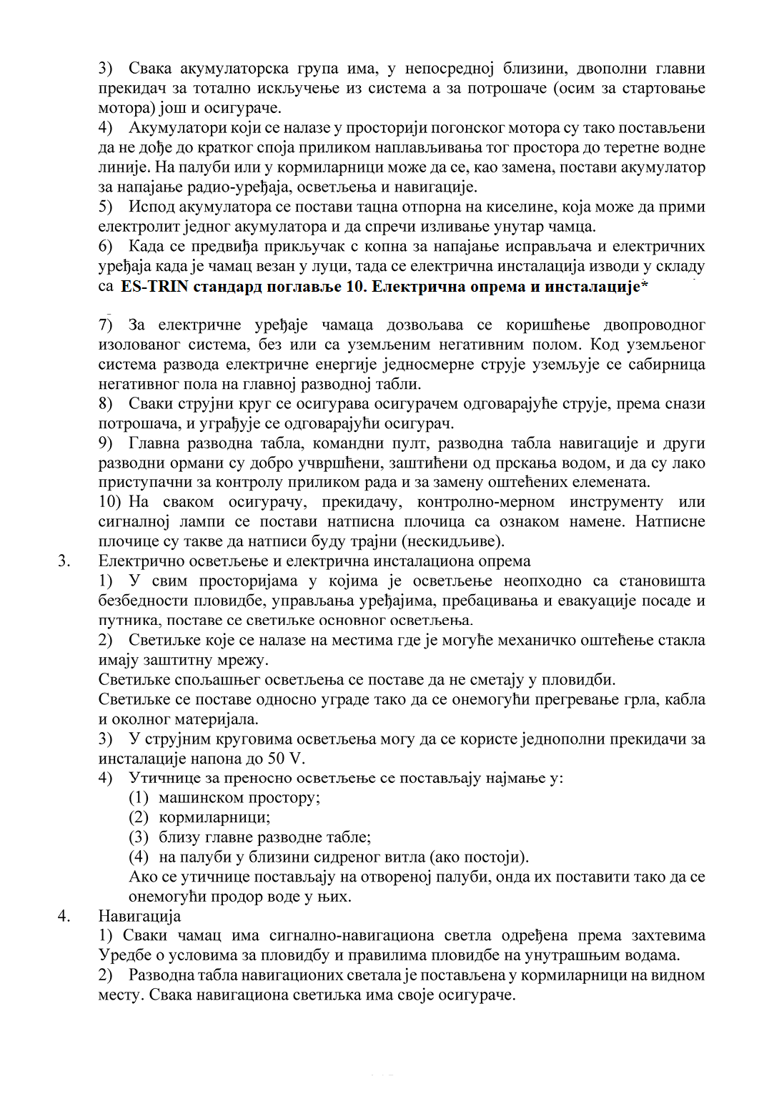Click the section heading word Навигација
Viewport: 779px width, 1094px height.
pos(139,916)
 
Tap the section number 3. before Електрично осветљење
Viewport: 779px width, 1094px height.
pos(64,561)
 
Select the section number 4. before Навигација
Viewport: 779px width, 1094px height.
pos(64,916)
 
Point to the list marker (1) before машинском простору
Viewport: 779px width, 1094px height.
pos(139,797)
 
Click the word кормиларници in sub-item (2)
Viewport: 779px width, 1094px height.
pos(214,817)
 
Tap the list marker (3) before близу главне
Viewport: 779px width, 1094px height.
pos(139,837)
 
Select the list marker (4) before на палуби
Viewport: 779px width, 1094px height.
pos(139,857)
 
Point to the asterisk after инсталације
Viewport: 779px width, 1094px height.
pos(645,285)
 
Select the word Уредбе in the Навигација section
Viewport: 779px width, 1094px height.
pos(123,955)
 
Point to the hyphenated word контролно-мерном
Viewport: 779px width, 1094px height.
pos(486,502)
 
